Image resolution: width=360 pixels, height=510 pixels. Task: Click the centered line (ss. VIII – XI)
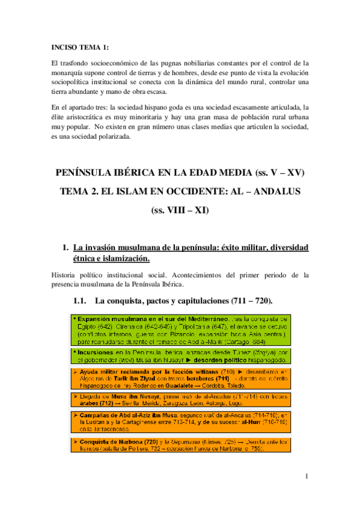[x=180, y=211]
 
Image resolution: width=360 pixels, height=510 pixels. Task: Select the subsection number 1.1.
[x=81, y=299]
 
